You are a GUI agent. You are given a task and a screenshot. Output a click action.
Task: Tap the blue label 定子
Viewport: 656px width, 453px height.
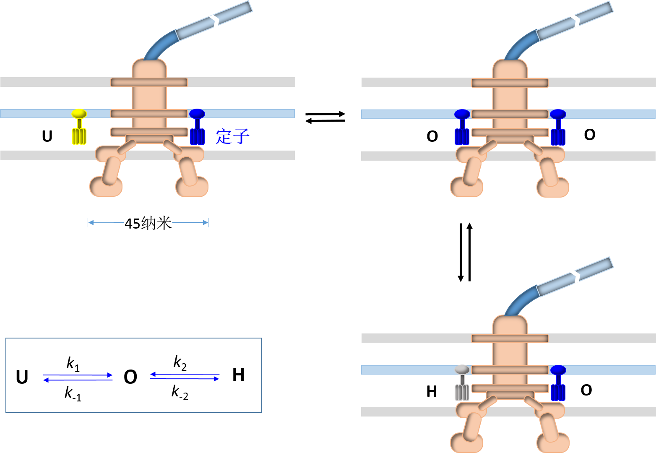232,137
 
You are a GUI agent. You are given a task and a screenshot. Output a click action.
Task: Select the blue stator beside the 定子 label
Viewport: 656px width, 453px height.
197,128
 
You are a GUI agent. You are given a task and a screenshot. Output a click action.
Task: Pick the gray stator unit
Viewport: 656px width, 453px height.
462,383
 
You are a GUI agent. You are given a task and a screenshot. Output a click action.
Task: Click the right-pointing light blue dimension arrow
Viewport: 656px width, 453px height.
190,223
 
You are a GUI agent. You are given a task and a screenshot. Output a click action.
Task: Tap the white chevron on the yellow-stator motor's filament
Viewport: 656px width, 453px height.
215,21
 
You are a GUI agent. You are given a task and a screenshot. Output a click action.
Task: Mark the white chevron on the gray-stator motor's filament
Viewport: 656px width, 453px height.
576,277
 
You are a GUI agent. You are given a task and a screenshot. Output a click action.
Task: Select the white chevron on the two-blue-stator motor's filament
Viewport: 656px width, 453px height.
576,21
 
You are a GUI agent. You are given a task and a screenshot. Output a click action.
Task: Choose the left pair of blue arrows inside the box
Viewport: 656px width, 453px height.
78,377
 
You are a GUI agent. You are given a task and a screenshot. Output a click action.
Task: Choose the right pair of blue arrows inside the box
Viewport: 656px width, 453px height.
185,376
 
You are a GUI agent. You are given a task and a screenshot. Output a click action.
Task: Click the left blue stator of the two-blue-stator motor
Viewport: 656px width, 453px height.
462,128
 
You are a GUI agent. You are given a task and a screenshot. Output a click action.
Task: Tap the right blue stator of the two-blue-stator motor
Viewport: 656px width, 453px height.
558,128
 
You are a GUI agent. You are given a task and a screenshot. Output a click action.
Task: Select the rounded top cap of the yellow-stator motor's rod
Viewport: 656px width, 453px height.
149,67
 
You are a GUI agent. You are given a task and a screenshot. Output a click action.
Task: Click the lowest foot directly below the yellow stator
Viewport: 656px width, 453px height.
106,187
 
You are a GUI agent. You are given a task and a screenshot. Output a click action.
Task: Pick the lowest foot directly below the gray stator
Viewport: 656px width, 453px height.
466,443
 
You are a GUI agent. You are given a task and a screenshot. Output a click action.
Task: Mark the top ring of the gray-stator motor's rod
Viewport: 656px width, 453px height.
510,338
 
